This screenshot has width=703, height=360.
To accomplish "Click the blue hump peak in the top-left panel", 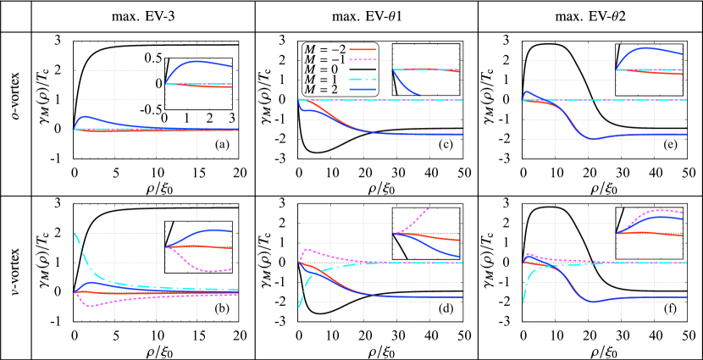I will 85,117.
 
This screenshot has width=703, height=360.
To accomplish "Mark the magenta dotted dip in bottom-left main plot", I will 90,305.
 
